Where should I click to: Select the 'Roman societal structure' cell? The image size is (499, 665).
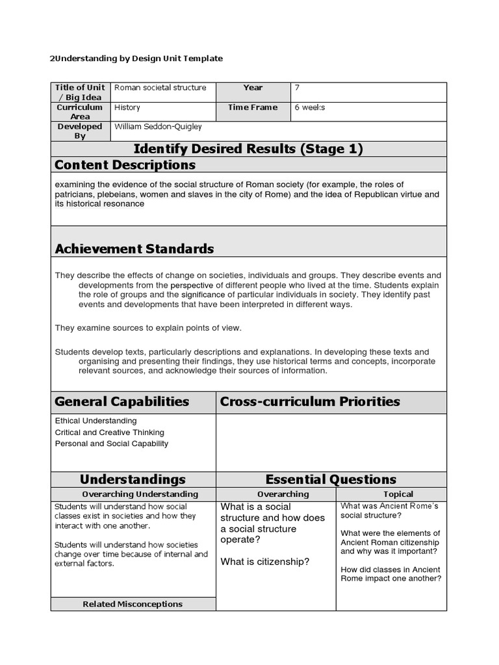pos(160,88)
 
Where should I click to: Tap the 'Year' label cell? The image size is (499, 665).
pos(253,88)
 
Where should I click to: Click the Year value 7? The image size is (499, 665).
pos(297,88)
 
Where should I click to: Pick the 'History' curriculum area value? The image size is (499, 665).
pos(127,107)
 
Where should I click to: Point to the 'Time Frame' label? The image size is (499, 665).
pos(253,107)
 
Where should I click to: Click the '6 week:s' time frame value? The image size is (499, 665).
pos(309,107)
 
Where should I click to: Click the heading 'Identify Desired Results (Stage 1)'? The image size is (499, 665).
pos(249,149)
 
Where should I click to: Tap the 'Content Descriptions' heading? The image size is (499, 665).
pos(125,165)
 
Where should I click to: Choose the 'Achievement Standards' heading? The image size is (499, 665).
pos(134,249)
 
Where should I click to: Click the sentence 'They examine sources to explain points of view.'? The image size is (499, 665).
pos(148,328)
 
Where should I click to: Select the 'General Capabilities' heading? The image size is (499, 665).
pos(122,401)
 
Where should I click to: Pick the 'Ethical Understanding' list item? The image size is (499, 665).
pos(96,421)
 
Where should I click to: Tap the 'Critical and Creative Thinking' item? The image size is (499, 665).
pos(109,433)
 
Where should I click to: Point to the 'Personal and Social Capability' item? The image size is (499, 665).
pos(111,444)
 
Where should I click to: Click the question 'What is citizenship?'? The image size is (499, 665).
pos(265,562)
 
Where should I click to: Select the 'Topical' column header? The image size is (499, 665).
pos(398,494)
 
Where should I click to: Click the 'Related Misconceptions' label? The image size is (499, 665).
pos(133,604)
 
